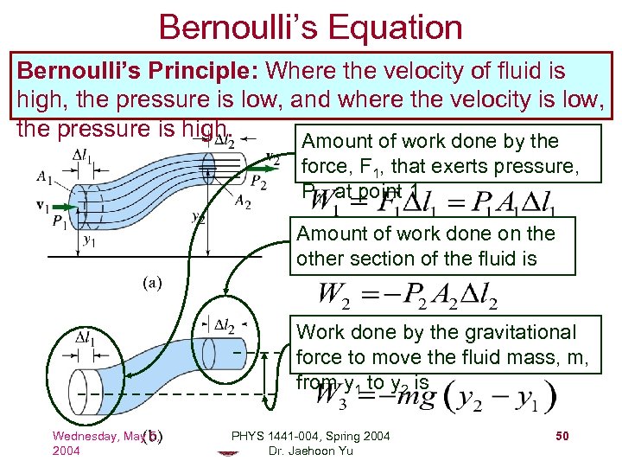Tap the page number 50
coord(562,437)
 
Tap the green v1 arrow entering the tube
coord(59,208)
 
